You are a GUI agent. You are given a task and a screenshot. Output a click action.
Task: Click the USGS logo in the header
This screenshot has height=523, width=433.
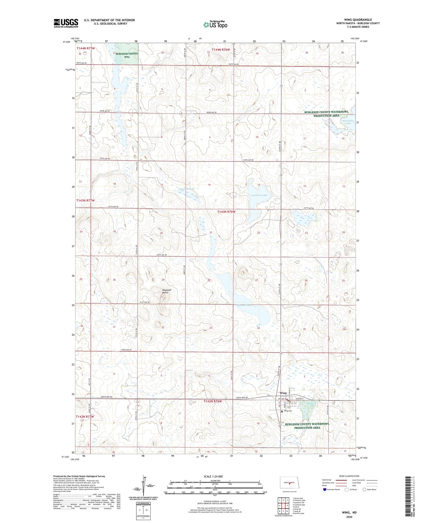coord(66,23)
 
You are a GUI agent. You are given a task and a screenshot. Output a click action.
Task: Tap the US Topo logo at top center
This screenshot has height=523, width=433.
coord(215,25)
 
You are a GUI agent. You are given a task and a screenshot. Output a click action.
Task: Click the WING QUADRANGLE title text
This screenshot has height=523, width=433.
coord(358,20)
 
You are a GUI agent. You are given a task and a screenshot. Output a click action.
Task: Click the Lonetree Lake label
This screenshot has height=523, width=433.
coord(259,195)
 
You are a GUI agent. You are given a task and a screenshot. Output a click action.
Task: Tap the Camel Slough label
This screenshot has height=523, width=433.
coord(186,189)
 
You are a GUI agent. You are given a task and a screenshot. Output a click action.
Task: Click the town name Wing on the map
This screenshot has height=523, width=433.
coord(283,393)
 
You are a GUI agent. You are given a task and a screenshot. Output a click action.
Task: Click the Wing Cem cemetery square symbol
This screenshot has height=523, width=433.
coord(282,411)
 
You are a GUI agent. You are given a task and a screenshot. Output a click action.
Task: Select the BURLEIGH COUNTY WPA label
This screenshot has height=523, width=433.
coord(127,55)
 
